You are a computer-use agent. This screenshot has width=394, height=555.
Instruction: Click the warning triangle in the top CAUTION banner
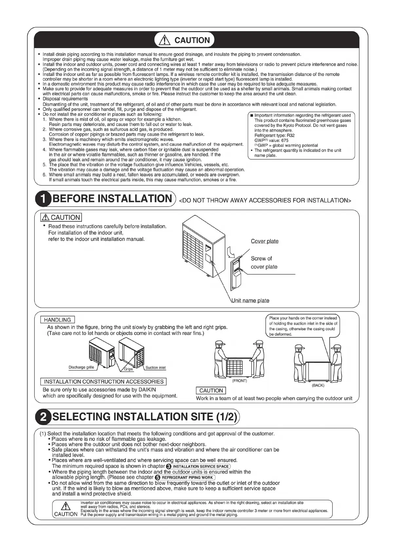(x=164, y=40)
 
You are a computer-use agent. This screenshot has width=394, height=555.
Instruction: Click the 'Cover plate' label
(x=265, y=241)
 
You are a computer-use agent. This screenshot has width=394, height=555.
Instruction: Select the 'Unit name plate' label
(x=251, y=300)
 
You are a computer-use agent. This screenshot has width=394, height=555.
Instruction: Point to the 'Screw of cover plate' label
(x=264, y=262)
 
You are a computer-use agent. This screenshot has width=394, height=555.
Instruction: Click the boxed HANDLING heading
(x=57, y=320)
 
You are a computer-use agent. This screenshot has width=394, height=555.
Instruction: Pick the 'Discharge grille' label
(x=81, y=367)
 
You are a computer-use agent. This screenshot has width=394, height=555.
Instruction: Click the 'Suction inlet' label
(x=156, y=367)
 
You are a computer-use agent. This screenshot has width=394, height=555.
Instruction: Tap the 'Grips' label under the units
(x=128, y=369)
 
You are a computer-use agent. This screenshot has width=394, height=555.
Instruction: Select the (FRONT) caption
(x=239, y=381)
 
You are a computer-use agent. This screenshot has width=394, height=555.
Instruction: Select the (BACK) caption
(x=318, y=385)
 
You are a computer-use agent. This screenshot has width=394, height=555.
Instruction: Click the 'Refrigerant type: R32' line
(x=274, y=135)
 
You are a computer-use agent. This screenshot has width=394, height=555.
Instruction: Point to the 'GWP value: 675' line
(x=272, y=140)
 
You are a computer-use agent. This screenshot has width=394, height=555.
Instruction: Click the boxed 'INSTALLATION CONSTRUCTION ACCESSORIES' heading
(x=103, y=382)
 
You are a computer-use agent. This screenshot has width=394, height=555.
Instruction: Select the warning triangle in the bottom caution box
(x=66, y=506)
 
